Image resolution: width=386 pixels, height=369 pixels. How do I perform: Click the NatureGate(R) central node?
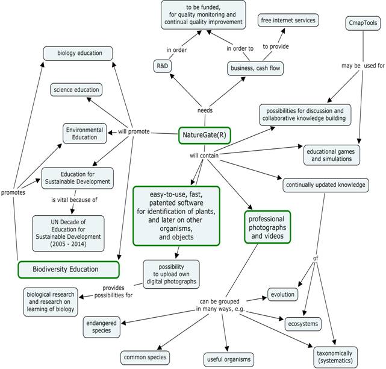click(x=204, y=135)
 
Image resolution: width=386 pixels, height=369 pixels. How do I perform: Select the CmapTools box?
click(x=363, y=23)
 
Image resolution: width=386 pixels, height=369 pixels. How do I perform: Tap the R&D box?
click(x=163, y=66)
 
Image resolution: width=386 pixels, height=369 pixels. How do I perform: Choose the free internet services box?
click(x=288, y=20)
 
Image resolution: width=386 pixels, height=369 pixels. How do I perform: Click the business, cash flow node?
click(x=255, y=68)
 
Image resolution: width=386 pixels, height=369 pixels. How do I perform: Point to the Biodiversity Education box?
click(x=69, y=270)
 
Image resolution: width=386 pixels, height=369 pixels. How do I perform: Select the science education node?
click(x=76, y=90)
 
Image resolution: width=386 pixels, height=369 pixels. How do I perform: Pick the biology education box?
click(x=78, y=53)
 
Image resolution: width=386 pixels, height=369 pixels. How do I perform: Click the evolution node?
click(x=282, y=294)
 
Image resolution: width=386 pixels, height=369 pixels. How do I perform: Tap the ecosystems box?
click(x=303, y=324)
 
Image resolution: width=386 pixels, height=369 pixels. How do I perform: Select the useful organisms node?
click(x=229, y=359)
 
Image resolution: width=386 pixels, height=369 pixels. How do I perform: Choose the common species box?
click(x=145, y=358)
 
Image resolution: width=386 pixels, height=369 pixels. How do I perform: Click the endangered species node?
click(x=101, y=327)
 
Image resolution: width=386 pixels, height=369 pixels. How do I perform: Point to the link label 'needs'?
click(x=205, y=110)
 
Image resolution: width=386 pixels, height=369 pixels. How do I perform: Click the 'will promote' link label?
click(x=134, y=131)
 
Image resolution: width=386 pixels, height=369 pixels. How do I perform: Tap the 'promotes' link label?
click(x=13, y=192)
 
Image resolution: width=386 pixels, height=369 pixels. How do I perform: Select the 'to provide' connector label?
click(x=276, y=46)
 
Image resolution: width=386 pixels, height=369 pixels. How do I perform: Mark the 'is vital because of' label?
click(x=74, y=200)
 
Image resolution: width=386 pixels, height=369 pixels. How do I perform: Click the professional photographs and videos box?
click(x=267, y=227)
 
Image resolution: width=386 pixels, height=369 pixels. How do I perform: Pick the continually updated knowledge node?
click(x=326, y=185)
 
